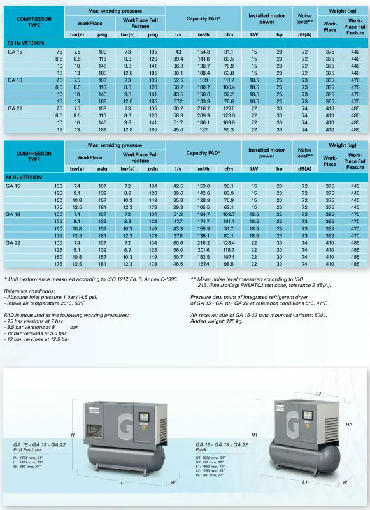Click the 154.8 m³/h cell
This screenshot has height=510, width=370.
pos(203,51)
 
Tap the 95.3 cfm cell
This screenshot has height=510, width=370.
pos(229,129)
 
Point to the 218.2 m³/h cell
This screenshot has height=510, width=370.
pos(203,242)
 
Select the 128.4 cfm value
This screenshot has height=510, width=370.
pos(229,242)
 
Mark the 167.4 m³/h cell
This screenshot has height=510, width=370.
pos(203,263)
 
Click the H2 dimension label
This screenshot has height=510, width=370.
pos(348,424)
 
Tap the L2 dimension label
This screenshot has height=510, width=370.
pos(318,394)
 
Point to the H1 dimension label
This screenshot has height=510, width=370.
pos(255,434)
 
